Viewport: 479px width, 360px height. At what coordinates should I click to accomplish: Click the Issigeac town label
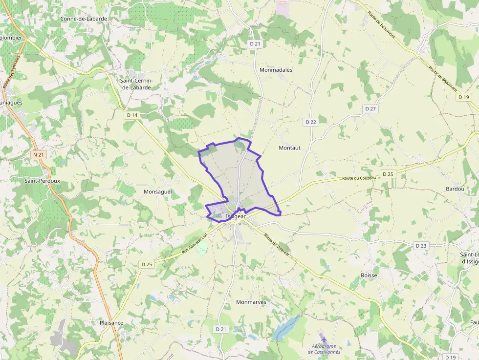(237, 216)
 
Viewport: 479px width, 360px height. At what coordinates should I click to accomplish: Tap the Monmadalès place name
(276, 70)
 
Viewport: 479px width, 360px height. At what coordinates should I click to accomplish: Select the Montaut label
(289, 148)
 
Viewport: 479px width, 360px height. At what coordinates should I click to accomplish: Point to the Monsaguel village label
(158, 192)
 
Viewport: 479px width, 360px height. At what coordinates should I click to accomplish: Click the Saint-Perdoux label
(43, 181)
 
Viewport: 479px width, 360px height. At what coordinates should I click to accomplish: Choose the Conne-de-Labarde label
(84, 19)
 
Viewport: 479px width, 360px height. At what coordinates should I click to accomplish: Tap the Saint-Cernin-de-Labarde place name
(136, 84)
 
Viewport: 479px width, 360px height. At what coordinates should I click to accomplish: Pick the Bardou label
(455, 189)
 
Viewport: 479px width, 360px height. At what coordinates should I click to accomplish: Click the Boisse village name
(369, 275)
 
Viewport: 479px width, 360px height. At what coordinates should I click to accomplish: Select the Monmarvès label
(251, 302)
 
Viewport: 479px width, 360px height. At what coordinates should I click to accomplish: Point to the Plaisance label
(111, 323)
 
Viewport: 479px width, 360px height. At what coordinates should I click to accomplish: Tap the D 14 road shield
(132, 115)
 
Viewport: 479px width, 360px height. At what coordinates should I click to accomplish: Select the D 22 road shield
(310, 122)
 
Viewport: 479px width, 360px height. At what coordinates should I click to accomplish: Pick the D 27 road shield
(370, 109)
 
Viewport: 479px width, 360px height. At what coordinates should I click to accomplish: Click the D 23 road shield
(420, 246)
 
